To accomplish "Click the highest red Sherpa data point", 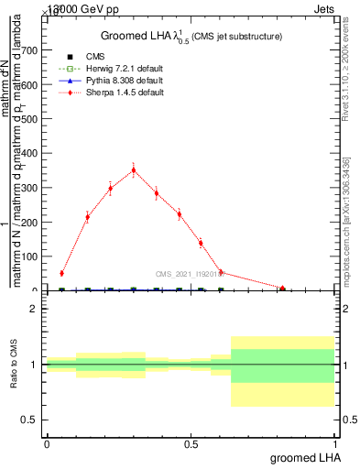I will pos(134,169).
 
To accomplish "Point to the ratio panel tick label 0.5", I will pos(32,420).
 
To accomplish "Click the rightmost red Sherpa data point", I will pos(283,288).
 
